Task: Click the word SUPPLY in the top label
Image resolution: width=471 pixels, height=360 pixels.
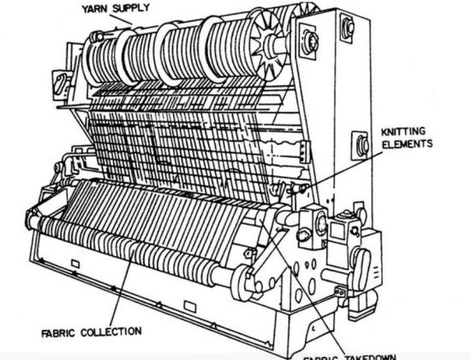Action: point(140,10)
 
